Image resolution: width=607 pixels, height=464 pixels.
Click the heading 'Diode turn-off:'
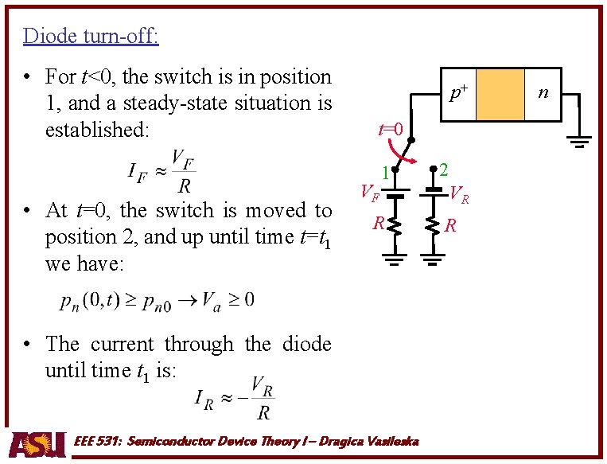(x=91, y=36)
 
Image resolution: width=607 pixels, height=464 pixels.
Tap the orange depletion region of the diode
(x=500, y=94)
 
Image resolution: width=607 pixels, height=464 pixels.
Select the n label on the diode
(x=543, y=93)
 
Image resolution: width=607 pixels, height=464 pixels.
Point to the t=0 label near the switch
(x=391, y=128)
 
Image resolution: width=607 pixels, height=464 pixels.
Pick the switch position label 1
(x=383, y=172)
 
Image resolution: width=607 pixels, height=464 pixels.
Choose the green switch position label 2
(x=444, y=170)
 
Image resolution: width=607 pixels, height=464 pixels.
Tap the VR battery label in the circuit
(x=459, y=193)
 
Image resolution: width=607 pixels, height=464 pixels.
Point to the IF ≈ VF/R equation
(x=161, y=171)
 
